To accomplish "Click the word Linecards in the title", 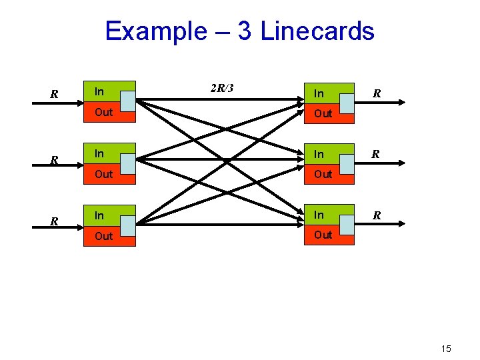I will tap(317, 31).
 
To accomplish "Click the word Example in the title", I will tap(156, 31).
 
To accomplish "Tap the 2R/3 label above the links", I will tap(221, 89).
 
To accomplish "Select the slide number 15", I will tap(446, 349).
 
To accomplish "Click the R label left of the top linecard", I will tap(55, 95).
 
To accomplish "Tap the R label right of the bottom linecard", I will tap(377, 216).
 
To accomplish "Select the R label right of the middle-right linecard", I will tap(377, 155).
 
